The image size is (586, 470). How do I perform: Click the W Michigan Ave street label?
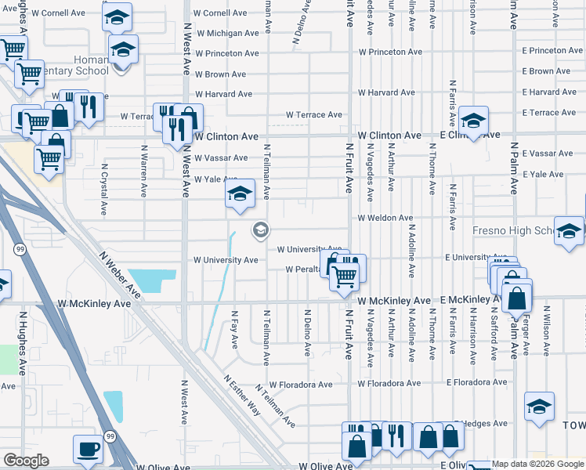pos(227,34)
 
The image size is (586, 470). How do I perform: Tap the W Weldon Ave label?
pos(385,218)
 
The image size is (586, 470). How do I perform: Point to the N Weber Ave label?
pos(120,275)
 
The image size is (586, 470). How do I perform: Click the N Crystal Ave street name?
pos(103,193)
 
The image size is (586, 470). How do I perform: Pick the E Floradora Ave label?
pos(477,384)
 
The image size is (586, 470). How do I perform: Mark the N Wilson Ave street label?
pos(546,333)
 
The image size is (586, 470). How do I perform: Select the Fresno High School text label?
pos(514,231)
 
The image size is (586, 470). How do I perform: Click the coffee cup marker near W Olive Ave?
pos(88,449)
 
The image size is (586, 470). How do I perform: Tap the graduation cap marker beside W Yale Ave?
pos(241,194)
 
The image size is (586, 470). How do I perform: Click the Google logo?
pos(27,461)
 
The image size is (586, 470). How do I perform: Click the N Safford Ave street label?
pos(494,333)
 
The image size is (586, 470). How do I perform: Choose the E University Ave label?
pos(475,257)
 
